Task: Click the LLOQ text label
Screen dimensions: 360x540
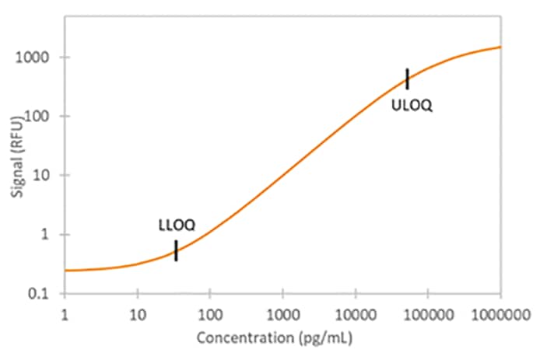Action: pyautogui.click(x=177, y=226)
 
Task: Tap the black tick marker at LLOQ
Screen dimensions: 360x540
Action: pyautogui.click(x=176, y=250)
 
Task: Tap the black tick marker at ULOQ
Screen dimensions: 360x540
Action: pyautogui.click(x=407, y=79)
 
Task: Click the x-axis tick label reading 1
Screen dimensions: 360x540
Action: pyautogui.click(x=65, y=313)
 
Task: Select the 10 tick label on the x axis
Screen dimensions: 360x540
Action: pyautogui.click(x=137, y=313)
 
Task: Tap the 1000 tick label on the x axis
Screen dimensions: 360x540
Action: pyautogui.click(x=282, y=313)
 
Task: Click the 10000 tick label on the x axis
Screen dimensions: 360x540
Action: pyautogui.click(x=355, y=313)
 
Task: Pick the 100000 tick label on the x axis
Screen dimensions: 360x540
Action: pyautogui.click(x=427, y=313)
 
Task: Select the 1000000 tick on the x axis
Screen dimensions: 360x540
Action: pyautogui.click(x=498, y=313)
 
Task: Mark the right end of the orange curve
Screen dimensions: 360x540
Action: pyautogui.click(x=500, y=47)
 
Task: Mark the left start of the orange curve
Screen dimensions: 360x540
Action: pyautogui.click(x=65, y=271)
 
